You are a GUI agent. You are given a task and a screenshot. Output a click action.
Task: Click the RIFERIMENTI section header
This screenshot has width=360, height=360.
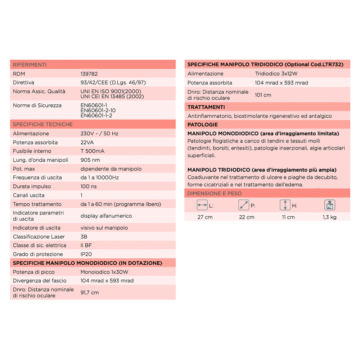tap(30, 65)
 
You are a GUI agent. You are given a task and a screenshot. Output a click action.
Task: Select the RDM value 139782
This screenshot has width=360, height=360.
tap(89, 74)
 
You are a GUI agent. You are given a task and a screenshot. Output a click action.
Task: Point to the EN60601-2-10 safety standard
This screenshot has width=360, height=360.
tap(98, 111)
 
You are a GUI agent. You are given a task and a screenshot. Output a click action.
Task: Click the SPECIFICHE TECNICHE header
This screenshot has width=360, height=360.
tap(43, 125)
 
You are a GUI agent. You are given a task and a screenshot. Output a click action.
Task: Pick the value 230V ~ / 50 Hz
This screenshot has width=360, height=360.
tap(99, 134)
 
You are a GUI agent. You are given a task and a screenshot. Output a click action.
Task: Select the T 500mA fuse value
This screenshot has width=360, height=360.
tap(93, 151)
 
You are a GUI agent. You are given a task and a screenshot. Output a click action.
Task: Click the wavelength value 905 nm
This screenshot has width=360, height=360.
tap(90, 160)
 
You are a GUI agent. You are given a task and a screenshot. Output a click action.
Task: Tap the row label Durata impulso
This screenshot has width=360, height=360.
tap(32, 186)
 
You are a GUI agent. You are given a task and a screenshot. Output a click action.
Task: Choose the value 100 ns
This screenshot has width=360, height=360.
tap(88, 186)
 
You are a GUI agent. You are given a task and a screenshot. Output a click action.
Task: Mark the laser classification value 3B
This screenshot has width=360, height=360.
tap(84, 237)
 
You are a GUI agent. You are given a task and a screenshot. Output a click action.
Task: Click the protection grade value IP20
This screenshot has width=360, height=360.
tap(87, 254)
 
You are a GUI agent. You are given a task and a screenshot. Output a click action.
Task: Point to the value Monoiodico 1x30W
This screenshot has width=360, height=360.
tap(104, 272)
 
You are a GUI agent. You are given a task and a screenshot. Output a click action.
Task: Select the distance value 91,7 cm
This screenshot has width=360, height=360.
tap(90, 293)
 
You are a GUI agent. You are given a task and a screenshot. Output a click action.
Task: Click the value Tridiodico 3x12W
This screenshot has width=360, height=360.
tap(276, 74)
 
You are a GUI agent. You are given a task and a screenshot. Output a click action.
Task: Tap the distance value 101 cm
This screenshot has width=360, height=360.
tap(263, 95)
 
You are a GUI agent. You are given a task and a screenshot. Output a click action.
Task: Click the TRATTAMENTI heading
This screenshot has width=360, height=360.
tap(206, 107)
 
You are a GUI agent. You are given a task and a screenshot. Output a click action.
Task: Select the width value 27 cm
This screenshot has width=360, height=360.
tap(205, 217)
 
